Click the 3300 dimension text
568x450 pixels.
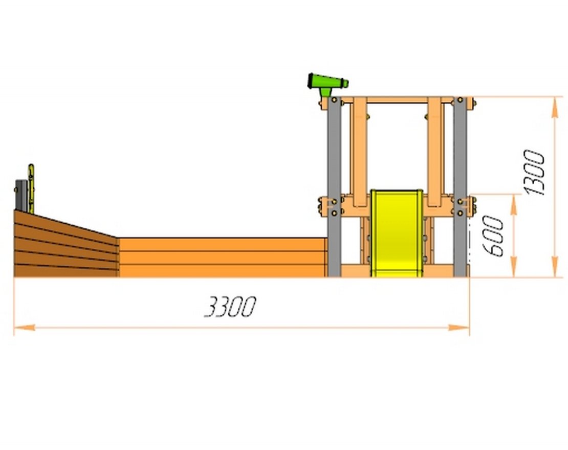pyautogui.click(x=230, y=307)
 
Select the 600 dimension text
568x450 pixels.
pyautogui.click(x=493, y=236)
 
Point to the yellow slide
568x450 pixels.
pyautogui.click(x=397, y=233)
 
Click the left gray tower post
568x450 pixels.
pyautogui.click(x=334, y=186)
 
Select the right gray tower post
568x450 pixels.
pyautogui.click(x=460, y=186)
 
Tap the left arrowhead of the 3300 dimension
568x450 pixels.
pyautogui.click(x=24, y=328)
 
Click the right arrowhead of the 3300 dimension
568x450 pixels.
pyautogui.click(x=459, y=328)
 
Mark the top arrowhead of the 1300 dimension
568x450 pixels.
pyautogui.click(x=555, y=107)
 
